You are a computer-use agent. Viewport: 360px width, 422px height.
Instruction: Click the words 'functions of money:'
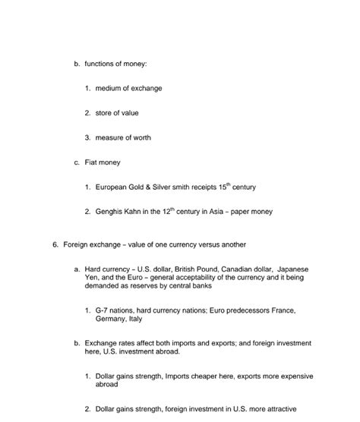coord(115,64)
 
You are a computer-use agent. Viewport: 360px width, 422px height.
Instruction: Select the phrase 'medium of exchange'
coord(128,89)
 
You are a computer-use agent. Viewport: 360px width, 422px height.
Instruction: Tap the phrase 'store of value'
coord(117,113)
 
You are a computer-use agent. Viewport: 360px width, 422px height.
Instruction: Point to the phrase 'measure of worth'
coord(123,137)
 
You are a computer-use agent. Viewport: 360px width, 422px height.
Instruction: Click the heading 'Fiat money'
coord(103,162)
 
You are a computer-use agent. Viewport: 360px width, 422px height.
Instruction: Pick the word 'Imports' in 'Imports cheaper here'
coord(182,376)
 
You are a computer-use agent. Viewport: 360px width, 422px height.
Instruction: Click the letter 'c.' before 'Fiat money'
coord(77,162)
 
